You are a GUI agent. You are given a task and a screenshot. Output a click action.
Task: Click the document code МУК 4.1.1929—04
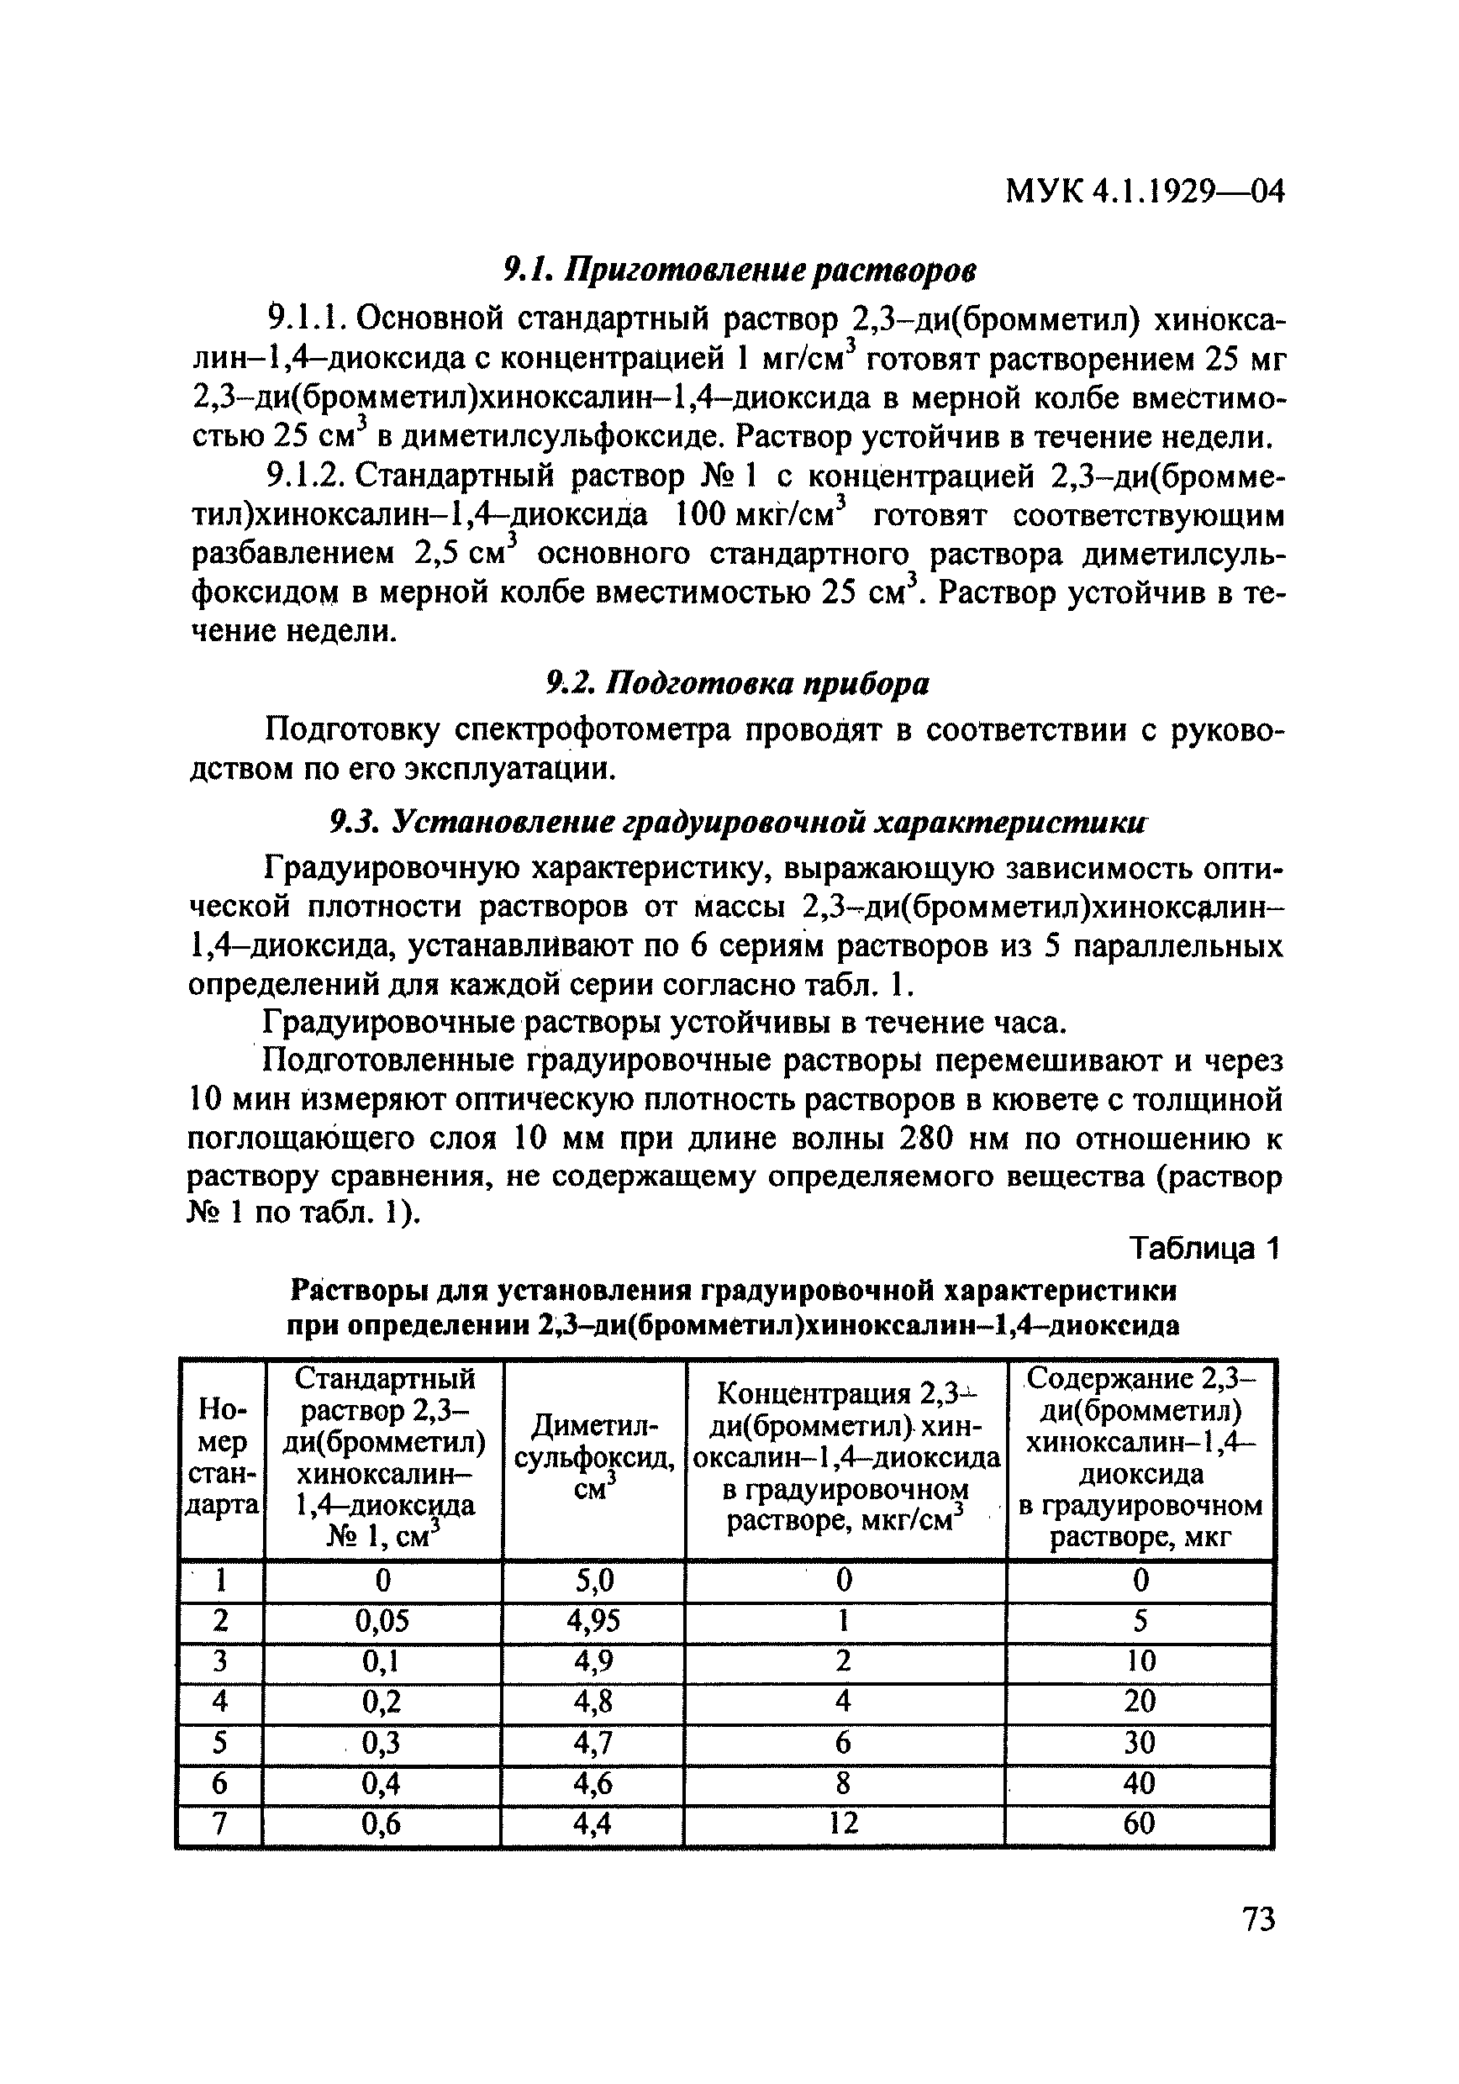(x=1145, y=192)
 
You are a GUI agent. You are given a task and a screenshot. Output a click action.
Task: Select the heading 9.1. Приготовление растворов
(x=740, y=270)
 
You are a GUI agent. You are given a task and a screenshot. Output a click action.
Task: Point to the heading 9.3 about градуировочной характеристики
(x=737, y=823)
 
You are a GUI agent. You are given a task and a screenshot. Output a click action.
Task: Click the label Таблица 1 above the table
(x=1203, y=1249)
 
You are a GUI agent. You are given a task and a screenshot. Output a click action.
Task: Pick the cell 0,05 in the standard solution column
(x=382, y=1621)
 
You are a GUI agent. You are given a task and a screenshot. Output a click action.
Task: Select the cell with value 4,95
(x=593, y=1621)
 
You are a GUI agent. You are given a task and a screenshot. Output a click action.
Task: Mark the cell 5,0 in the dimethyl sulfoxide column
(x=593, y=1581)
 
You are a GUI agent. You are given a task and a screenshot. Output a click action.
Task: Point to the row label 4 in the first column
(x=219, y=1702)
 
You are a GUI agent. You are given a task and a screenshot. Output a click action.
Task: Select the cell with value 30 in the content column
(x=1140, y=1743)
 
